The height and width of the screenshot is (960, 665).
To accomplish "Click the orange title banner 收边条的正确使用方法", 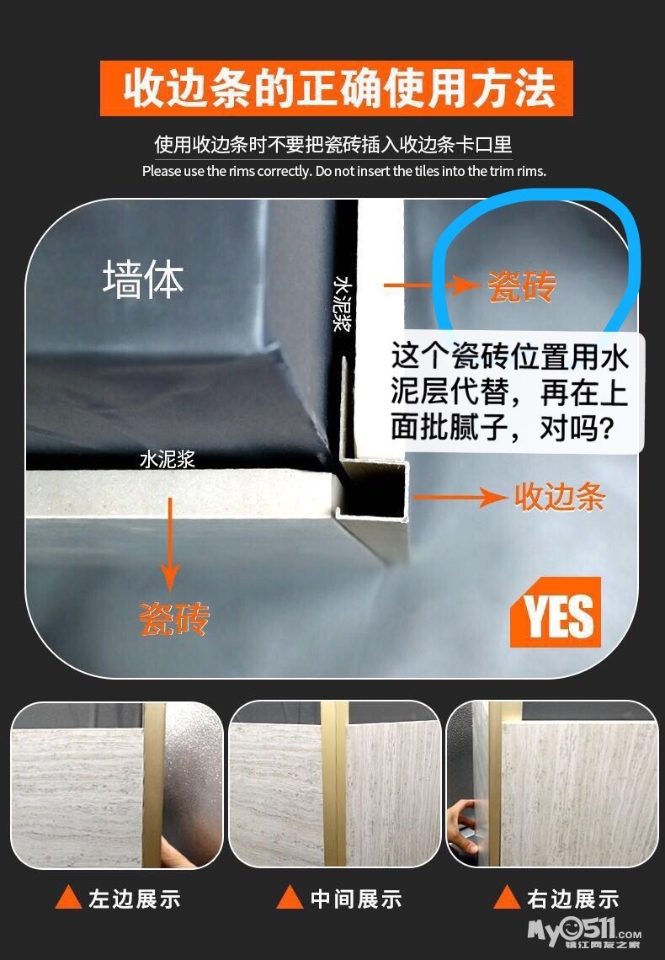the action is point(337,88).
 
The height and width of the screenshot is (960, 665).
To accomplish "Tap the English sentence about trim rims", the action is point(343,171).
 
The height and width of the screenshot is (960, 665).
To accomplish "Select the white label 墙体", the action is point(143,280).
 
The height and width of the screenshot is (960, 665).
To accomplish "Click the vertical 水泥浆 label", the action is point(343,304).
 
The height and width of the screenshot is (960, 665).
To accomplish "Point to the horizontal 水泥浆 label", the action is point(167,459).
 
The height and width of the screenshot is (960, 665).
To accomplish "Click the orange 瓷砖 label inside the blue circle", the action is point(521,286).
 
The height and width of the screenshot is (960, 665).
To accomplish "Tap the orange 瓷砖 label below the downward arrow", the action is point(173,619).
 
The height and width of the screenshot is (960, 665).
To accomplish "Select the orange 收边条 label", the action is point(559,497).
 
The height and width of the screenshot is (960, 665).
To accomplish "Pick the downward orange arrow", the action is point(170,545).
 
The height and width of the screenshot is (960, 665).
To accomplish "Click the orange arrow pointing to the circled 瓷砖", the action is point(431,285).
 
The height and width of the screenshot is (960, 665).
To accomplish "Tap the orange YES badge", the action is point(556,612).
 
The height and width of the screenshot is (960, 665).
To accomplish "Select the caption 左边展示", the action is point(135,899).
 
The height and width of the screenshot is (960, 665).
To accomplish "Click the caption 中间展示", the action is point(356,899).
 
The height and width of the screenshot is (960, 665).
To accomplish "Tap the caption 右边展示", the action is point(573,899).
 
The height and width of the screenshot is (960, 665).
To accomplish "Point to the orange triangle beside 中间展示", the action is point(290,898).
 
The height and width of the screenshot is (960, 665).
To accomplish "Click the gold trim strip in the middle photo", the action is point(335,784).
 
